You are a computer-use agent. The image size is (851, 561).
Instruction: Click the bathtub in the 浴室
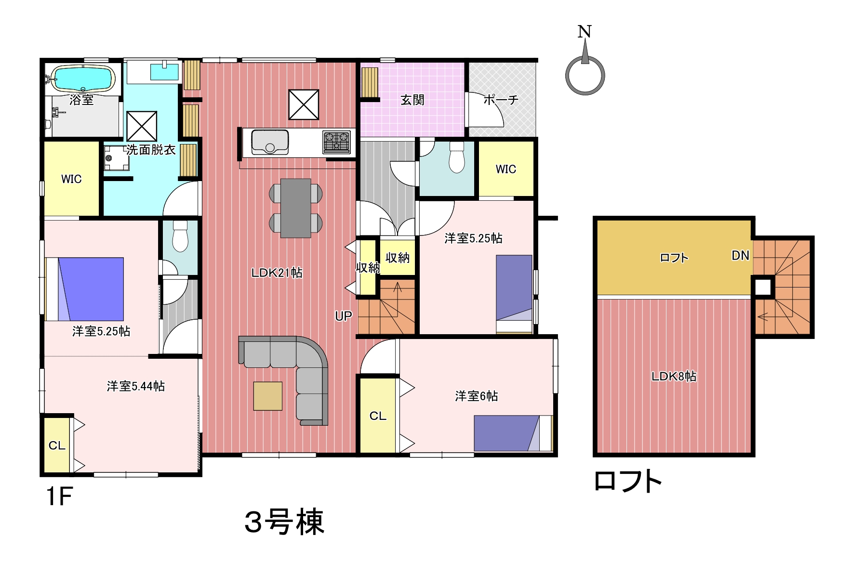83,78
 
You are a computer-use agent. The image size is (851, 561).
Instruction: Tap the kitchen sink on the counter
270,142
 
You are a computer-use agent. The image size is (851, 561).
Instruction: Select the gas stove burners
337,142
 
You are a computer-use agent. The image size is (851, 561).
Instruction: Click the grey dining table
295,208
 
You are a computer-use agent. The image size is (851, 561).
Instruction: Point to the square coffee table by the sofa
267,396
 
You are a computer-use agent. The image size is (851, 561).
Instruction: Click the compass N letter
584,32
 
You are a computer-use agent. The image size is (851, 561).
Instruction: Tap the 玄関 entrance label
412,100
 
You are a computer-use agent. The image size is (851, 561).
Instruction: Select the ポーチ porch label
501,100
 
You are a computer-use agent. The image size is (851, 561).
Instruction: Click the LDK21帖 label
277,273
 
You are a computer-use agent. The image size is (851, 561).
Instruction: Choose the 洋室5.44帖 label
136,386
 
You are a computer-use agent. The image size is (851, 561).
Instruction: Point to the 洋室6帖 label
476,396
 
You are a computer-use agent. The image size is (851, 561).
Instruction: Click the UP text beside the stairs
344,316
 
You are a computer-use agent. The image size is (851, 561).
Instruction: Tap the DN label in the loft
740,255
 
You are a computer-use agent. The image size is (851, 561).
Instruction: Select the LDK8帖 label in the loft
674,376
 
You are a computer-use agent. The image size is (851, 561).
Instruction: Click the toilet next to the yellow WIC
456,157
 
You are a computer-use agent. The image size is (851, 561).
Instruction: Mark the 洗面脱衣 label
151,150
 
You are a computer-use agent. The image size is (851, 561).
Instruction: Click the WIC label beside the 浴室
71,179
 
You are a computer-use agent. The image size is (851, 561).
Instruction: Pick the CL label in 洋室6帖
378,416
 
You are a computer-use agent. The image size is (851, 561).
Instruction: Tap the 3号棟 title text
284,522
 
